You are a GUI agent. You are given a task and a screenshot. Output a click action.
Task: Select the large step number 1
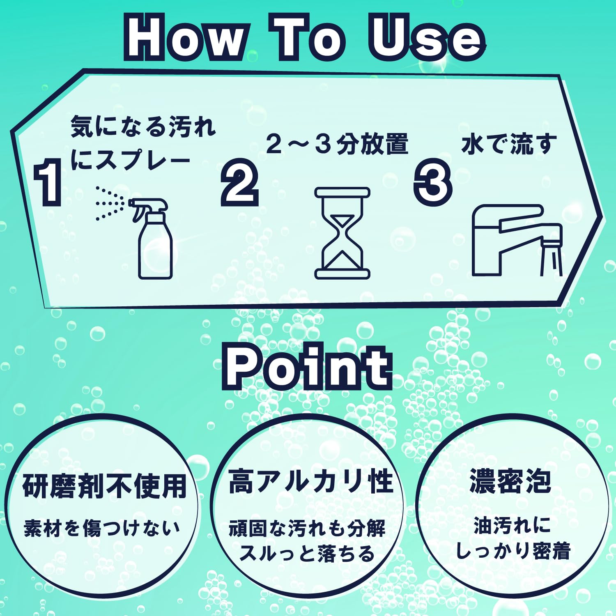48,183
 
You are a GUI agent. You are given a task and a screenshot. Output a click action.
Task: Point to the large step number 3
433,181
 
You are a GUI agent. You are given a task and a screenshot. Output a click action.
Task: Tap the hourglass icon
342,233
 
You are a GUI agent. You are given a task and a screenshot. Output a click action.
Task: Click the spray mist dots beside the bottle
110,203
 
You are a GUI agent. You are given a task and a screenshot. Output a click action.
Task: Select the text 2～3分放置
337,144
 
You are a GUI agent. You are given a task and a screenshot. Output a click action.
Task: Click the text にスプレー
130,159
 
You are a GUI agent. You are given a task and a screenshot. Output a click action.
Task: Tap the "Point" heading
308,367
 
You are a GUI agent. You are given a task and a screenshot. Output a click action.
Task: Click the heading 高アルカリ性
311,481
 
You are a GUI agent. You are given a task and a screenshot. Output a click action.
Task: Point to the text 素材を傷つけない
102,528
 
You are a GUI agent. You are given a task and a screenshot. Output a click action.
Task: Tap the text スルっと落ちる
307,553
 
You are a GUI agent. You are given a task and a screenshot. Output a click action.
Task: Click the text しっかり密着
513,550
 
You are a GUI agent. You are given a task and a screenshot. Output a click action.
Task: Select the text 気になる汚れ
143,126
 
